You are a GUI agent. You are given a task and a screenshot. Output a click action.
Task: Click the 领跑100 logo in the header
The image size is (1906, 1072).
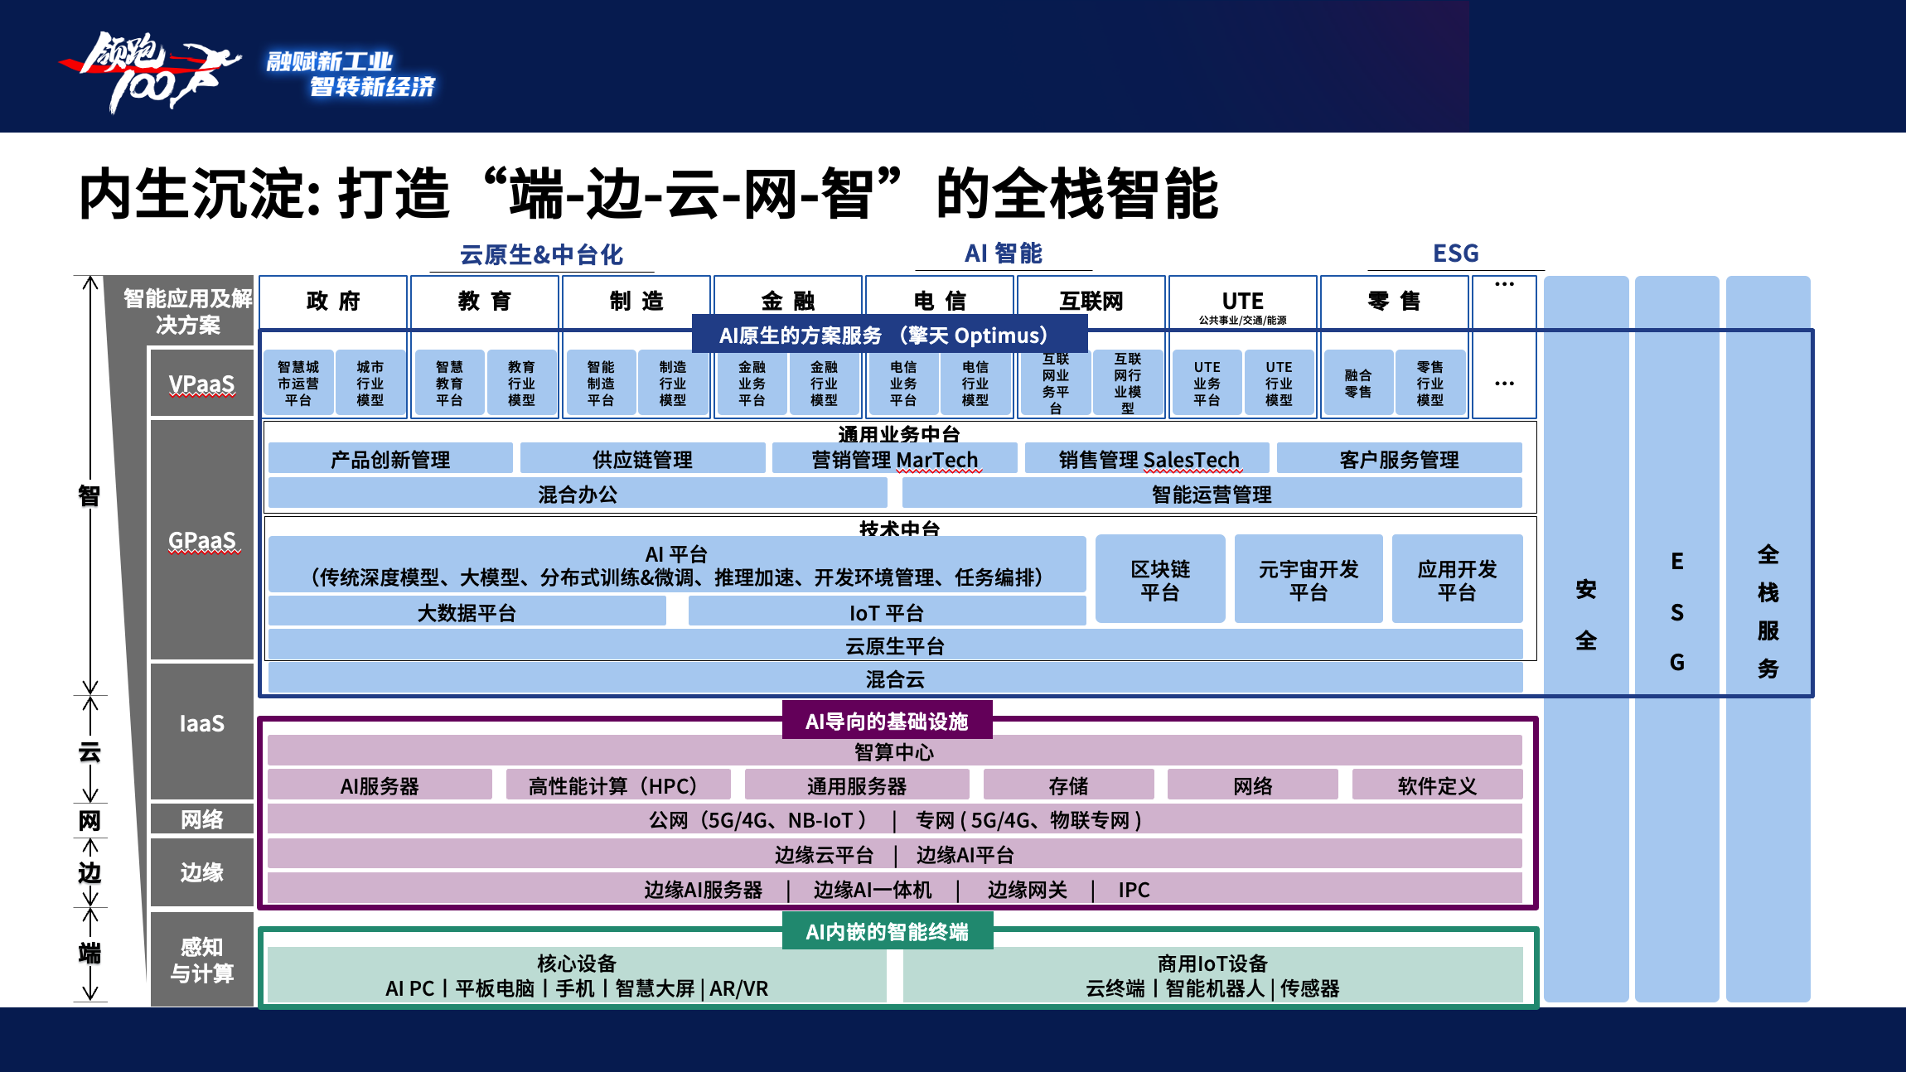[x=149, y=71]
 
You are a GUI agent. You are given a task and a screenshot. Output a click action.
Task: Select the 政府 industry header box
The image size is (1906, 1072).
[x=333, y=302]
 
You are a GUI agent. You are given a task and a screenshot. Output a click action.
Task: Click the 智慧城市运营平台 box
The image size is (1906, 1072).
[x=298, y=383]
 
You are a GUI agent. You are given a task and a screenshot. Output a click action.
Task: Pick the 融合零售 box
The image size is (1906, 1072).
[x=1358, y=383]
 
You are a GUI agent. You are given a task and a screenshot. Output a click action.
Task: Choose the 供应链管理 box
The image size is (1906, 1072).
[x=642, y=458]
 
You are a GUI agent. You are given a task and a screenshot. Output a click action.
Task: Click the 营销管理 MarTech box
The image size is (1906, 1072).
[x=894, y=458]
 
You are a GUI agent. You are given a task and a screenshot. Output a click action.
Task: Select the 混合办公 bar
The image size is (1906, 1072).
[x=578, y=493]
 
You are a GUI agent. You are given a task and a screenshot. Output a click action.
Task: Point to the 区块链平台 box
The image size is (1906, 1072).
[x=1160, y=579]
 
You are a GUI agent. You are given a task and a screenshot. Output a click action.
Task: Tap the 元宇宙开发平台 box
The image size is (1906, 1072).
[x=1309, y=579]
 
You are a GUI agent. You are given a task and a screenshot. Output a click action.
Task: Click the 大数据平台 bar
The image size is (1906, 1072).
[x=467, y=611]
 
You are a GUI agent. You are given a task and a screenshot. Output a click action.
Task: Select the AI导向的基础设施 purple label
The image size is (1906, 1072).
[x=887, y=721]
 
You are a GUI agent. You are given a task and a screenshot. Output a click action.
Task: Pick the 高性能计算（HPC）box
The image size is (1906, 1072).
[x=618, y=785]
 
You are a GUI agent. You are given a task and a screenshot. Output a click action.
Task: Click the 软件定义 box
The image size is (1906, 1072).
[x=1437, y=785]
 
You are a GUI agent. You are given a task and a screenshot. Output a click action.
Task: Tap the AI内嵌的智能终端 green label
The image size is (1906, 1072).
[x=887, y=931]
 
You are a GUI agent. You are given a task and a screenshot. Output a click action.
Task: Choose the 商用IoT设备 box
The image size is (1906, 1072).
[x=1212, y=975]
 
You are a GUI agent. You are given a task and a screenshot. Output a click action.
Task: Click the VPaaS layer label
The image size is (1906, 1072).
[x=202, y=383]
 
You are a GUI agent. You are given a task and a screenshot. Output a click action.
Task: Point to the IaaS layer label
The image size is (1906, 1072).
[x=202, y=723]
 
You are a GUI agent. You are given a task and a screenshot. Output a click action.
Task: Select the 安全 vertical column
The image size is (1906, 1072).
[x=1586, y=639]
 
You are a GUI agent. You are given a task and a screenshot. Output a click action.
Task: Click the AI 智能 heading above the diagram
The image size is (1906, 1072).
[x=1003, y=254]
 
